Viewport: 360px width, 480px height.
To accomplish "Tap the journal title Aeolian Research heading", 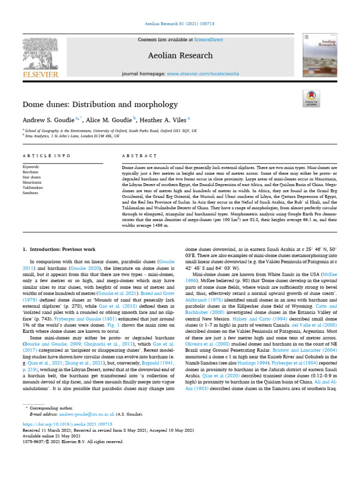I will click(x=180, y=55).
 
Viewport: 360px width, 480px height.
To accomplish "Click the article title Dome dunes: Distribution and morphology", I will click(x=100, y=104).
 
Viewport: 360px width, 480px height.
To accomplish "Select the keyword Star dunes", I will click(x=32, y=177).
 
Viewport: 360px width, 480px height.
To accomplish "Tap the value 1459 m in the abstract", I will click(x=159, y=225).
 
